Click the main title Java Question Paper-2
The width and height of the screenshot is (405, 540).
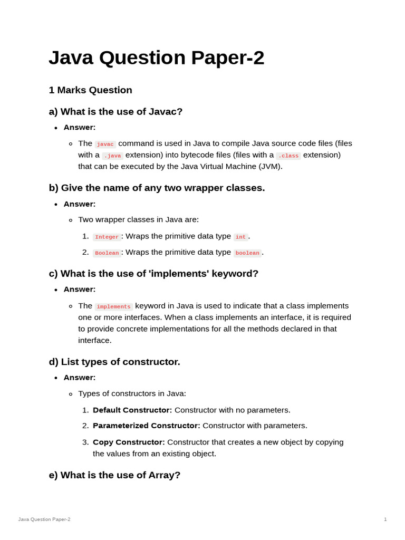pyautogui.click(x=156, y=58)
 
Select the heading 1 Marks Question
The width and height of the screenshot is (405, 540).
pyautogui.click(x=90, y=90)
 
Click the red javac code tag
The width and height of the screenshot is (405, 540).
pyautogui.click(x=105, y=144)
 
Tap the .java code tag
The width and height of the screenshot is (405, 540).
pyautogui.click(x=112, y=156)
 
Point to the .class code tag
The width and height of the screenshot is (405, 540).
pyautogui.click(x=288, y=156)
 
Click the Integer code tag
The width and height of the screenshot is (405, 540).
pyautogui.click(x=107, y=237)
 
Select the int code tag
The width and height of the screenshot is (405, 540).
pyautogui.click(x=240, y=237)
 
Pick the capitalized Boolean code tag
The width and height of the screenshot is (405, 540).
pyautogui.click(x=107, y=253)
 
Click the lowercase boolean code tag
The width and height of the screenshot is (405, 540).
pyautogui.click(x=247, y=253)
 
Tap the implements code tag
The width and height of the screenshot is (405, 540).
pyautogui.click(x=114, y=306)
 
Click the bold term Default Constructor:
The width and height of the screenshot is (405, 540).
pyautogui.click(x=132, y=410)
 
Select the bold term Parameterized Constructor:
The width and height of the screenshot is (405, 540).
pyautogui.click(x=147, y=426)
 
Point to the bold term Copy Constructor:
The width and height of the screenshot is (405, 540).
pyautogui.click(x=129, y=442)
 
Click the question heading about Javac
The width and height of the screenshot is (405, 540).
pyautogui.click(x=115, y=112)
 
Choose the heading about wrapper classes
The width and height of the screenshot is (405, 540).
pyautogui.click(x=157, y=188)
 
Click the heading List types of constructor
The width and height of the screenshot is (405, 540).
pyautogui.click(x=114, y=362)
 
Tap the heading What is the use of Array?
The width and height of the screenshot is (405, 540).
pyautogui.click(x=114, y=475)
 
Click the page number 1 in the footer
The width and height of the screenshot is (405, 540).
pyautogui.click(x=385, y=519)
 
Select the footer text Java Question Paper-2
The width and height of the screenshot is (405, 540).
pyautogui.click(x=44, y=519)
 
